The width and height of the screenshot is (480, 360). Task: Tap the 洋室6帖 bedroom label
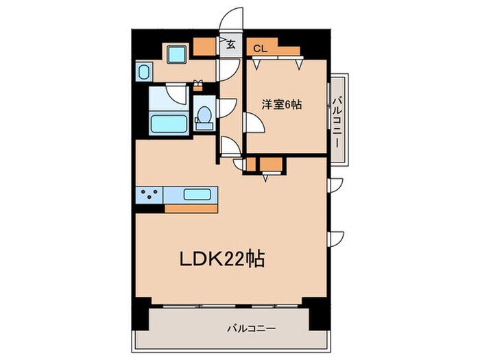coord(282,104)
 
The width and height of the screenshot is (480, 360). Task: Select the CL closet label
coord(259,48)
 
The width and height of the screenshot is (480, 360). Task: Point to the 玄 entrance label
coord(231,47)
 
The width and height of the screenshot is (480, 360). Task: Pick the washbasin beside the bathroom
coord(145,71)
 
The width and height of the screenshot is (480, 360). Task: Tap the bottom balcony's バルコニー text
coord(252,328)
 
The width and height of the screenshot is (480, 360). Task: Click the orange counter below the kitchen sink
coord(191,207)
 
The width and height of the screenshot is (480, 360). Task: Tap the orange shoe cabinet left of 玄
coord(204,47)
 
